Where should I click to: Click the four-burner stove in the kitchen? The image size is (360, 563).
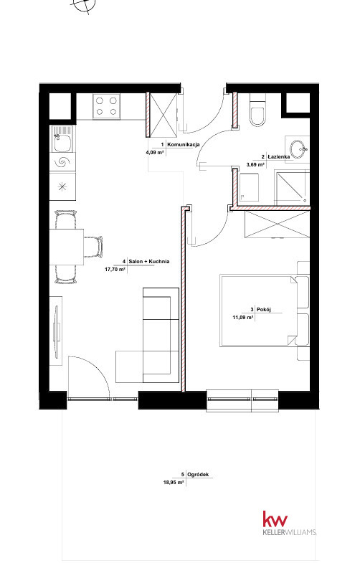106,106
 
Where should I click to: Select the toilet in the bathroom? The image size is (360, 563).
258,110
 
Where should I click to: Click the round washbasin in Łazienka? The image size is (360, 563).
298,149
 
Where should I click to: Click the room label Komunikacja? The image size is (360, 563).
184,144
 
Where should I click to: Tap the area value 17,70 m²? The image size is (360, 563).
115,268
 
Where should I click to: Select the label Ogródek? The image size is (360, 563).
198,474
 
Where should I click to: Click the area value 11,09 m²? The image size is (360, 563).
243,317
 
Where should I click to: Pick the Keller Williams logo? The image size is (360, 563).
290,524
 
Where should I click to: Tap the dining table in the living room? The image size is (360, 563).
67,247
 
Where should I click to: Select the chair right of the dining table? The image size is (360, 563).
93,247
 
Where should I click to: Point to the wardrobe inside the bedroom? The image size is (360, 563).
277,224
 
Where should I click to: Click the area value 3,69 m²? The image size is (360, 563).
255,164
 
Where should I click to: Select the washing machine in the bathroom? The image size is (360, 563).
249,187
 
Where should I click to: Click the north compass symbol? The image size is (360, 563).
84,5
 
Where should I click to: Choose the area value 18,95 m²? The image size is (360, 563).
174,483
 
